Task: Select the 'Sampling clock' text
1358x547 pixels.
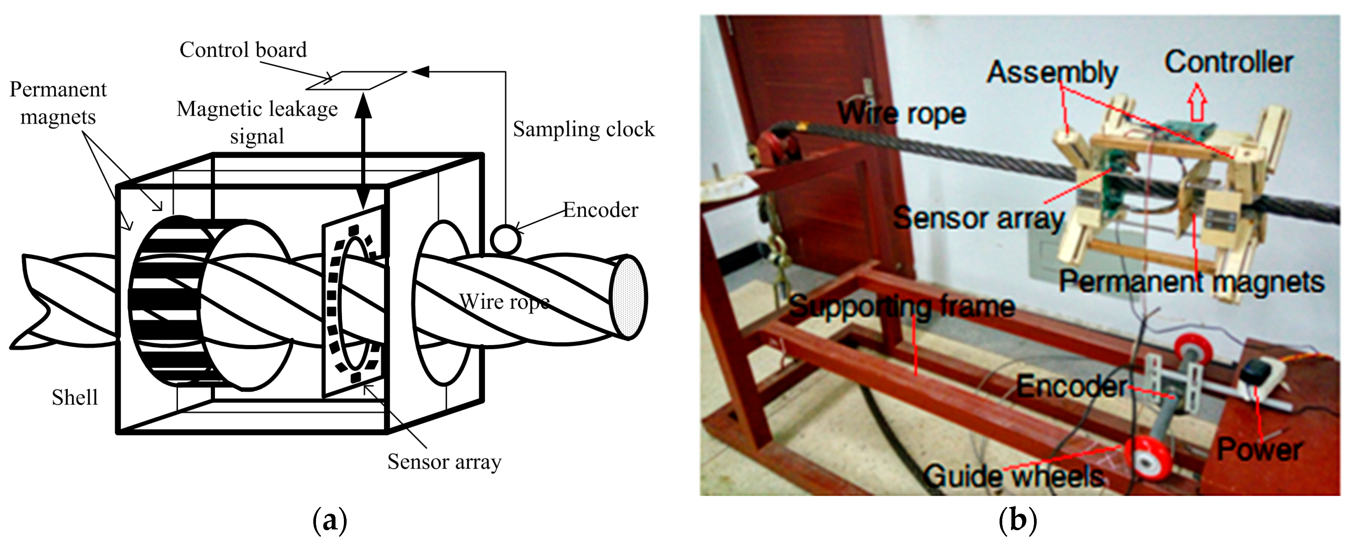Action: point(584,129)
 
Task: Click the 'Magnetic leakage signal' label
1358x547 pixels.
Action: point(257,122)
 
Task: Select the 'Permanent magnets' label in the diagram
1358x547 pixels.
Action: point(58,103)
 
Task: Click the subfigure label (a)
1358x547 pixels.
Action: point(330,521)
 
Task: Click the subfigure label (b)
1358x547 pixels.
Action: point(1018,521)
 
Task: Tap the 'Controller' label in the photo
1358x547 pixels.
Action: point(1228,62)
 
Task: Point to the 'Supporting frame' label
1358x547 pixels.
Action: point(902,306)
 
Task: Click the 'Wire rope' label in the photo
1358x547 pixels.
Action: point(902,113)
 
